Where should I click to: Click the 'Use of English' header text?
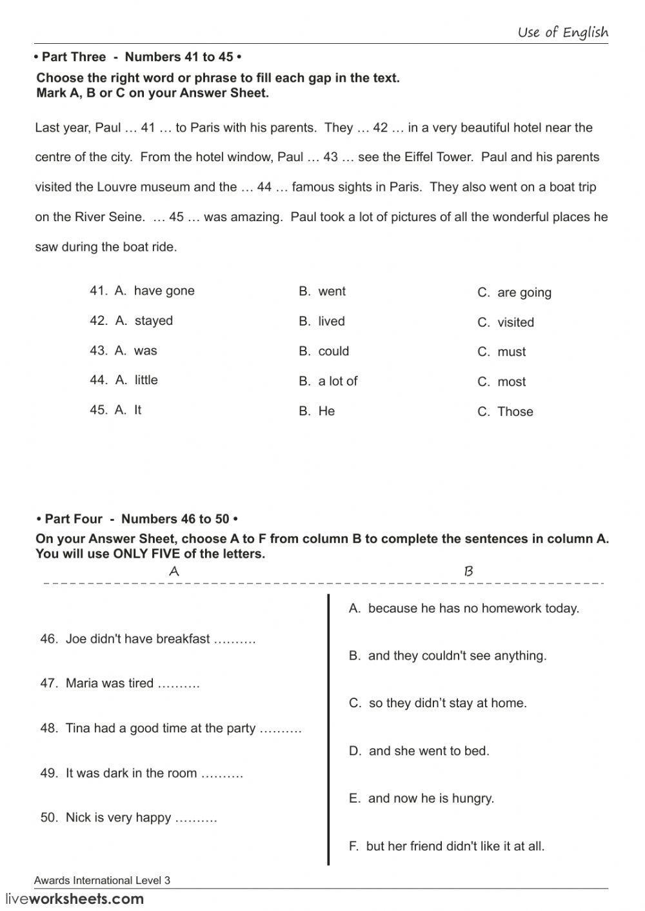[562, 32]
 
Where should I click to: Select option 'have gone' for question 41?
[164, 291]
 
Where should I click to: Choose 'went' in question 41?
[332, 291]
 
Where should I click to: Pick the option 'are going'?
[524, 293]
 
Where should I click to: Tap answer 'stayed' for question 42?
[154, 321]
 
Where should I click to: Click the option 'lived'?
[331, 322]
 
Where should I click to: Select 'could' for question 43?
[333, 351]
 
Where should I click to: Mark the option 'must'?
[511, 352]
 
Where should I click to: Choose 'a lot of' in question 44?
[337, 382]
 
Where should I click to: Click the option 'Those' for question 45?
[515, 412]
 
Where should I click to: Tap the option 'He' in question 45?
[326, 411]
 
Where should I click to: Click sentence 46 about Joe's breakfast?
[148, 639]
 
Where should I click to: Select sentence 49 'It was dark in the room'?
[141, 774]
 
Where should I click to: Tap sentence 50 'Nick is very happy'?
[128, 818]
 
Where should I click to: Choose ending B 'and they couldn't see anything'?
[448, 656]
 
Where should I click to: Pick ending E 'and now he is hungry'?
[421, 799]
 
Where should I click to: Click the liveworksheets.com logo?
[75, 899]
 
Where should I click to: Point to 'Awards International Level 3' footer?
[102, 881]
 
